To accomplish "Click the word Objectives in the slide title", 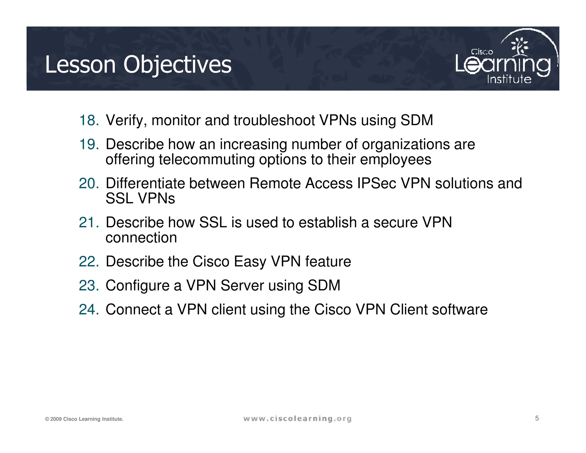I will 177,65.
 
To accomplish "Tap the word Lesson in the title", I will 80,65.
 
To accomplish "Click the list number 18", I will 89,120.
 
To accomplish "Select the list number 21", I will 89,222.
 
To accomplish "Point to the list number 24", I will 89,310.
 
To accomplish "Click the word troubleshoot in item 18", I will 274,120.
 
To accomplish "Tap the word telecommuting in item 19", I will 207,159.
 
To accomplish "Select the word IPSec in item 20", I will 377,183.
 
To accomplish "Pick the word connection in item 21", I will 141,238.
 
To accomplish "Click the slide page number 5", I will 537,418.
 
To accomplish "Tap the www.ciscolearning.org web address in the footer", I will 297,419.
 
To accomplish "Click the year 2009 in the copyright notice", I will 56,419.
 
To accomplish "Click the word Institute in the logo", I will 509,79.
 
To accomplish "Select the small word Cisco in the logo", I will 482,52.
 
